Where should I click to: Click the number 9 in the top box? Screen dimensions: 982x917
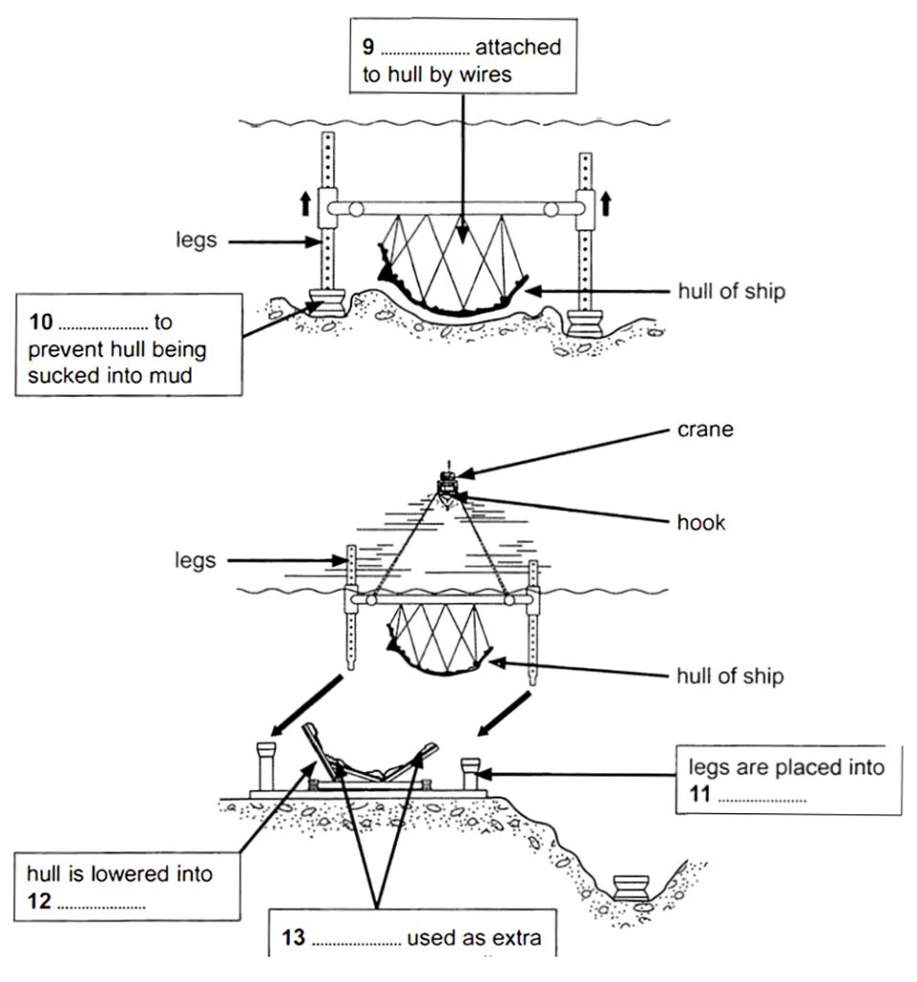pos(368,48)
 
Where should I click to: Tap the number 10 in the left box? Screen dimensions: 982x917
pos(39,323)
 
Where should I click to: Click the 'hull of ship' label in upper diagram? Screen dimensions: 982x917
pos(729,291)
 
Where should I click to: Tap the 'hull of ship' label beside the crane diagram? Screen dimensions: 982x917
pos(729,676)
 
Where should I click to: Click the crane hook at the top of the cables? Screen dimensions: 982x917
pos(447,487)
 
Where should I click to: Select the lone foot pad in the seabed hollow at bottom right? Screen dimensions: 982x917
pos(632,886)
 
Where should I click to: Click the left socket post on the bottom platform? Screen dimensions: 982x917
pos(264,764)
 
